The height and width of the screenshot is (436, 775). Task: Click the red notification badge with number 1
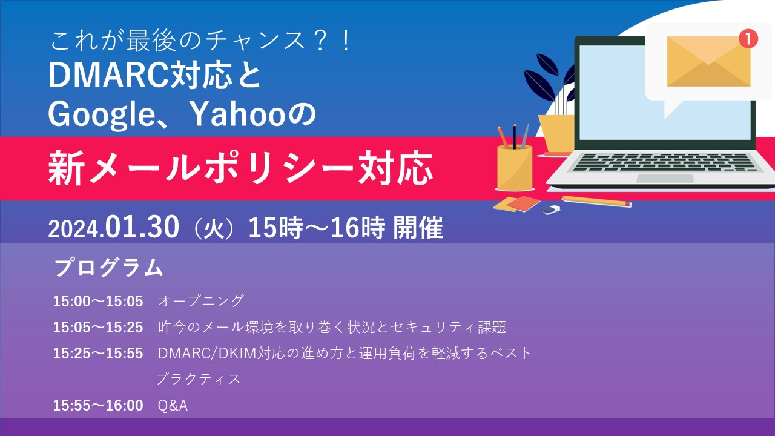[748, 39]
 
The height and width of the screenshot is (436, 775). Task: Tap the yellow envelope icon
[708, 62]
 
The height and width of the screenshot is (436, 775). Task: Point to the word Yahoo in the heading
[231, 113]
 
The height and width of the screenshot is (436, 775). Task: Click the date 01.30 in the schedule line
[142, 228]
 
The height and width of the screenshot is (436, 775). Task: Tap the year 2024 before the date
[74, 229]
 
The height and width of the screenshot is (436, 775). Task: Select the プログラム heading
[109, 268]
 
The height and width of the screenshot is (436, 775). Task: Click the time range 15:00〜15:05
[98, 301]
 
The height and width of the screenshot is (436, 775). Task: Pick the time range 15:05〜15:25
[98, 328]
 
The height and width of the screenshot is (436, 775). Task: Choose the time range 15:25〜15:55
[98, 354]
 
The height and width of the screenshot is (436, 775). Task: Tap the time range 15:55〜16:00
[98, 406]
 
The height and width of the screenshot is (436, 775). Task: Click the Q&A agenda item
[173, 406]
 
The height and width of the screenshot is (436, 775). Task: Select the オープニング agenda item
[200, 301]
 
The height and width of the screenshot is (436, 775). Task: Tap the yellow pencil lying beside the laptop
[596, 201]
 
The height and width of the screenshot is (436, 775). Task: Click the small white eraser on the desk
[552, 210]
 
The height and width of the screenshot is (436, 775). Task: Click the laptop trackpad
[665, 179]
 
